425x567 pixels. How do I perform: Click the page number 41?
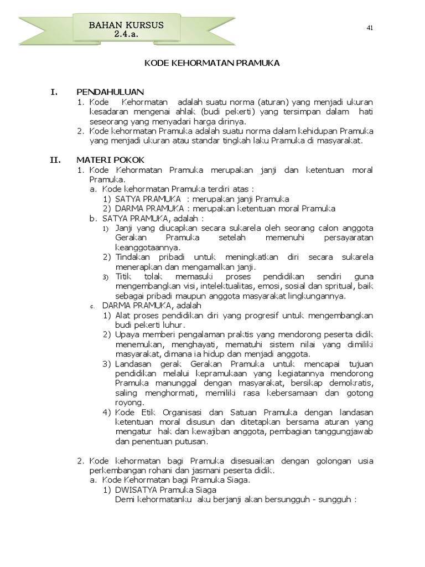(369, 29)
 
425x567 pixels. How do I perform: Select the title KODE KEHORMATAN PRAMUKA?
(212, 63)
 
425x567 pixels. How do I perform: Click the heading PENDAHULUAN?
(110, 92)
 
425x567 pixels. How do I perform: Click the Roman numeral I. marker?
(54, 92)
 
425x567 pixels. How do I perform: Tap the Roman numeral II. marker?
(55, 160)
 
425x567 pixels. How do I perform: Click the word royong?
(129, 403)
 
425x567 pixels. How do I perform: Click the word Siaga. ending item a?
(237, 480)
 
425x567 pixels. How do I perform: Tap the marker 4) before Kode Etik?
(107, 413)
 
